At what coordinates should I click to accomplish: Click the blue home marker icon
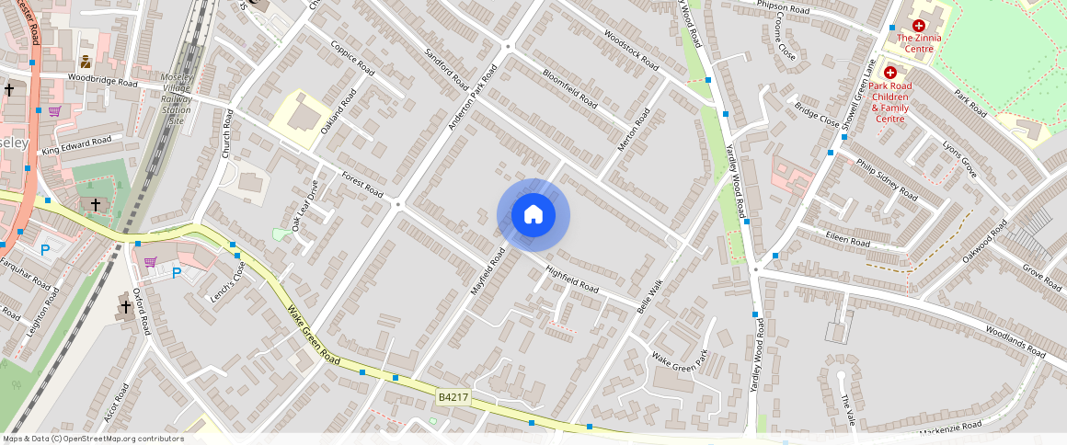[533, 216]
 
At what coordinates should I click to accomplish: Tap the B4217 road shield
[453, 396]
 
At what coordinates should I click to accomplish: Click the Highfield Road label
[572, 280]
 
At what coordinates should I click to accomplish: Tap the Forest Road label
[361, 184]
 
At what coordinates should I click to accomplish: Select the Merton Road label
[634, 131]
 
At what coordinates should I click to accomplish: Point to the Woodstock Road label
[631, 51]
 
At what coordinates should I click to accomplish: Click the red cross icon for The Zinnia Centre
[918, 26]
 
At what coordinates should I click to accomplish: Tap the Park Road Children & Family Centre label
[889, 102]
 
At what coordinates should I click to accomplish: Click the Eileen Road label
[847, 240]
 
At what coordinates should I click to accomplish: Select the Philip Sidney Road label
[887, 179]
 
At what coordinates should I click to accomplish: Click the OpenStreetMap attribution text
[93, 439]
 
